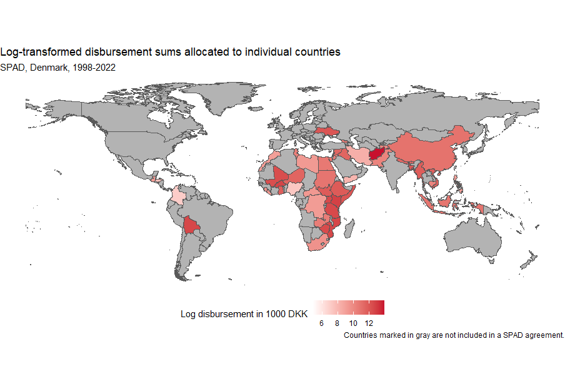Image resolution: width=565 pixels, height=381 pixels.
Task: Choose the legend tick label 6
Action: click(321, 323)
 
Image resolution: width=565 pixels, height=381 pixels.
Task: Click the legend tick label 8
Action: click(337, 323)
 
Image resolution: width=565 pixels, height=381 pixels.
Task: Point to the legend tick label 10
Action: click(353, 323)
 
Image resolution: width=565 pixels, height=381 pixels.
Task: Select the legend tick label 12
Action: click(369, 323)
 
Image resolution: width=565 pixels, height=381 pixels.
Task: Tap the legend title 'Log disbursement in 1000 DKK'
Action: click(244, 314)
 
